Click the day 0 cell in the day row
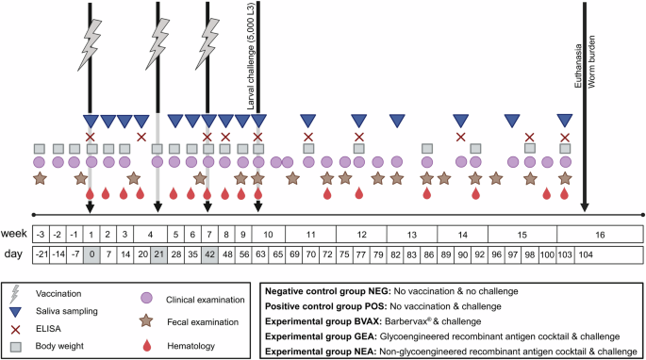coord(90,254)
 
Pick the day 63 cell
coord(258,254)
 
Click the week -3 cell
coord(40,234)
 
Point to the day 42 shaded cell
coord(208,254)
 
